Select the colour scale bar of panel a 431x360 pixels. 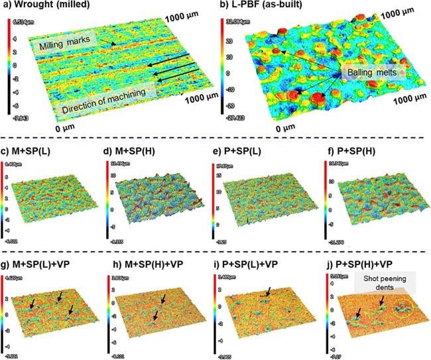(8, 63)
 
